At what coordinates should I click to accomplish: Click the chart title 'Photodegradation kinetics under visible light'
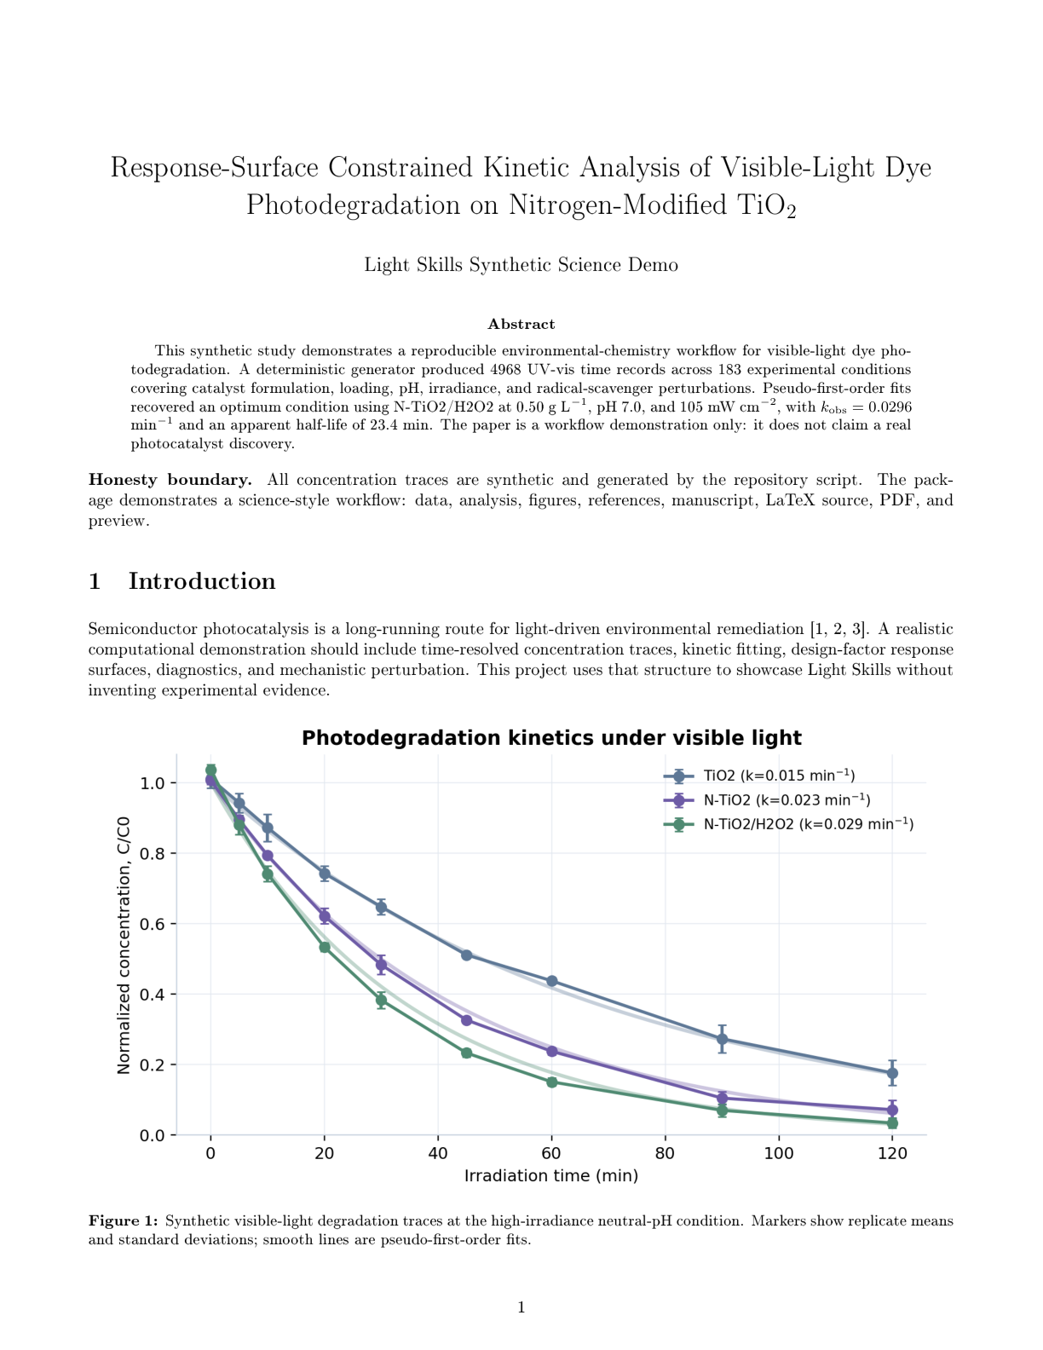[x=551, y=737]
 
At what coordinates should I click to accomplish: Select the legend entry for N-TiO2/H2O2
[x=789, y=824]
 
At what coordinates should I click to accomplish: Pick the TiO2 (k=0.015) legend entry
[x=760, y=776]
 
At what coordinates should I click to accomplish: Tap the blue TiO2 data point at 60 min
[x=551, y=981]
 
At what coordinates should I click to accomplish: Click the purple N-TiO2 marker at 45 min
[x=466, y=1020]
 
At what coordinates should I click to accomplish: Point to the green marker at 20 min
[x=325, y=947]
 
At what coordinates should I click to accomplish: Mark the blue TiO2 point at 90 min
[x=722, y=1038]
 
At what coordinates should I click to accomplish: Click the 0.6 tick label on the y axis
[x=153, y=924]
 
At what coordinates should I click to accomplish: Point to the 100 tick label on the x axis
[x=778, y=1153]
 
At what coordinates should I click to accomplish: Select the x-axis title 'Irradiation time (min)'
[x=551, y=1175]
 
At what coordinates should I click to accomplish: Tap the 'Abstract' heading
[x=521, y=324]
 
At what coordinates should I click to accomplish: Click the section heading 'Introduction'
[x=202, y=581]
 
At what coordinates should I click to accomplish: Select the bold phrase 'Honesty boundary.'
[x=170, y=480]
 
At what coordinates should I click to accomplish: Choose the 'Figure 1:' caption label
[x=124, y=1220]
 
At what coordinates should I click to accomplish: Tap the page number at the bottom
[x=521, y=1307]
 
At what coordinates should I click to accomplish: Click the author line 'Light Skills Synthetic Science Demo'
[x=521, y=265]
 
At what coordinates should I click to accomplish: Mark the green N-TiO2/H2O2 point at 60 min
[x=551, y=1082]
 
